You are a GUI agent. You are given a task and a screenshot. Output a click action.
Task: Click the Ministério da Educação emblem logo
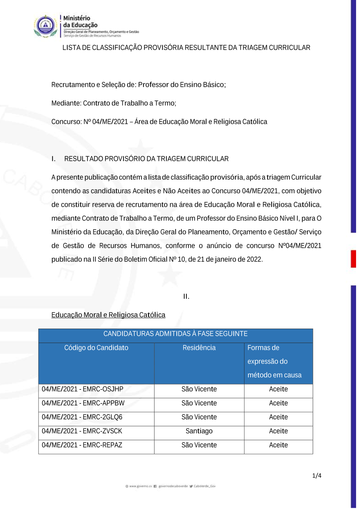click(x=46, y=26)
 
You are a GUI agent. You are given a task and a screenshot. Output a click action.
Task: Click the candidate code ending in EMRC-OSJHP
click(x=82, y=389)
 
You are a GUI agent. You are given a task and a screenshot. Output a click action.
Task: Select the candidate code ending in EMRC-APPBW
click(x=83, y=403)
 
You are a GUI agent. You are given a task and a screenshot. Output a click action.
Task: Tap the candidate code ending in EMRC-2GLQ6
click(x=82, y=417)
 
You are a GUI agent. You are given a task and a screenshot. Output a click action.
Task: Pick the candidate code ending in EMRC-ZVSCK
click(x=82, y=431)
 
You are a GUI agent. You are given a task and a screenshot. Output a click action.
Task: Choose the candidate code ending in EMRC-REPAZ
click(x=82, y=445)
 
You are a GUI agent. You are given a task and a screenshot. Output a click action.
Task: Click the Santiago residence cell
click(x=199, y=431)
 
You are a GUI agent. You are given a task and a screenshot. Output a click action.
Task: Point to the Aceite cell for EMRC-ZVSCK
click(x=278, y=431)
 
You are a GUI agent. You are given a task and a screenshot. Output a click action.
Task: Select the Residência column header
click(x=199, y=348)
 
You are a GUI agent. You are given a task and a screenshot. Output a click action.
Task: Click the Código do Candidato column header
click(x=96, y=348)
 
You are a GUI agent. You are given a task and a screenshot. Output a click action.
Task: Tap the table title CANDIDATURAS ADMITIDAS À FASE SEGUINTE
click(x=175, y=334)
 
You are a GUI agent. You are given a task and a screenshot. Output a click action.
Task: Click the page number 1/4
click(x=317, y=476)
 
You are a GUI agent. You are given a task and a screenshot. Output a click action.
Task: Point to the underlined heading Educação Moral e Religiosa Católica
click(x=108, y=315)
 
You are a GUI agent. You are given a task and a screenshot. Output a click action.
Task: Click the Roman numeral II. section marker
click(x=186, y=297)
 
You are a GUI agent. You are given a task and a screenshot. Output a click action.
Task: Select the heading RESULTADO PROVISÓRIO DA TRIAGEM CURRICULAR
click(x=146, y=159)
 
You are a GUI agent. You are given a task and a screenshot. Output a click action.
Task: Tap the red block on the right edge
click(x=354, y=259)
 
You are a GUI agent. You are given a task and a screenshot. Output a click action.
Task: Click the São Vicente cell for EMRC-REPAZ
click(x=199, y=445)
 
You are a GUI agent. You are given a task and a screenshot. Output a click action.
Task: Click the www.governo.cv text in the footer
click(x=140, y=486)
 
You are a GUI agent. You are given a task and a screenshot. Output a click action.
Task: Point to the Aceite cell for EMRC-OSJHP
click(x=278, y=389)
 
